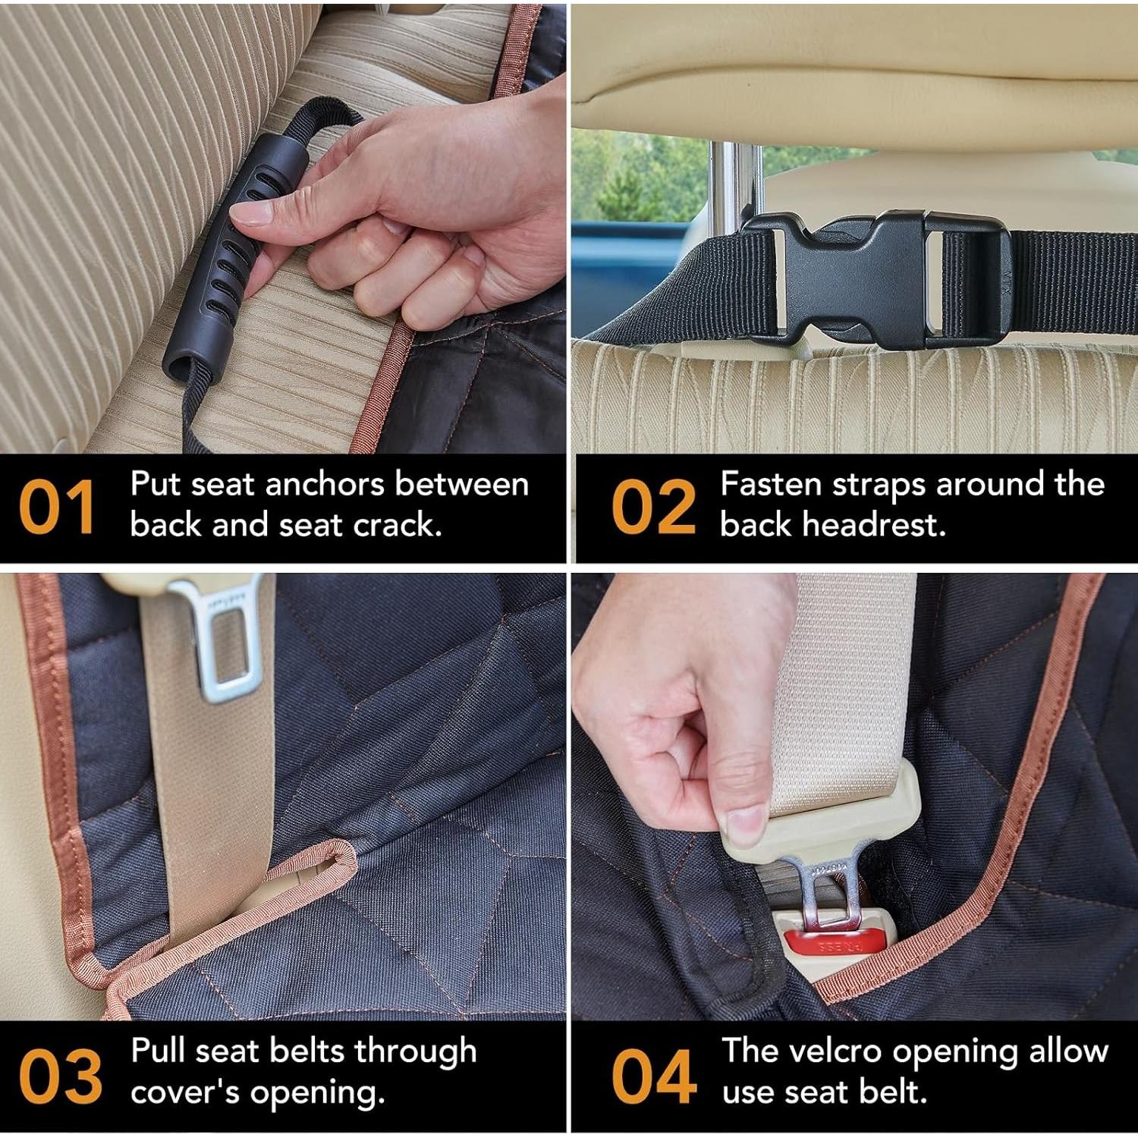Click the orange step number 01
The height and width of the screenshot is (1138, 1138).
(x=57, y=507)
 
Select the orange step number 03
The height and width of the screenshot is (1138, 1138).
(x=60, y=1077)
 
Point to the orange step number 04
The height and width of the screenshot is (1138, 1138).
(x=654, y=1077)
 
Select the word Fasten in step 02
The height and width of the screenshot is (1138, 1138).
(x=771, y=485)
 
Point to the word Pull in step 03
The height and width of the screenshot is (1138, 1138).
(x=158, y=1052)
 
